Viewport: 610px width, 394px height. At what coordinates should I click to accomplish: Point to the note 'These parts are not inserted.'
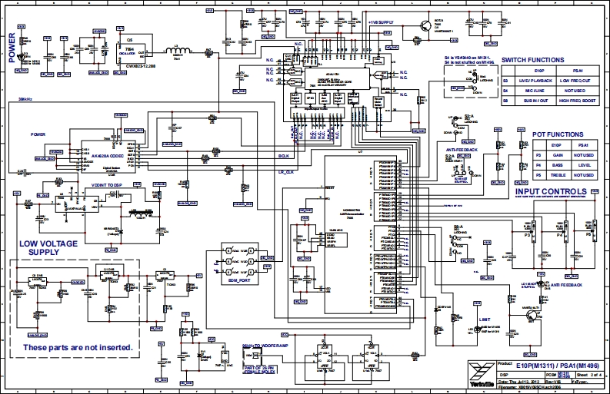(x=77, y=348)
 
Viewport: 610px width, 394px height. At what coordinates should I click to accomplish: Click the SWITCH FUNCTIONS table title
(x=532, y=60)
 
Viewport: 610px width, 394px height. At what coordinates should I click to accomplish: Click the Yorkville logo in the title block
(x=479, y=372)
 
